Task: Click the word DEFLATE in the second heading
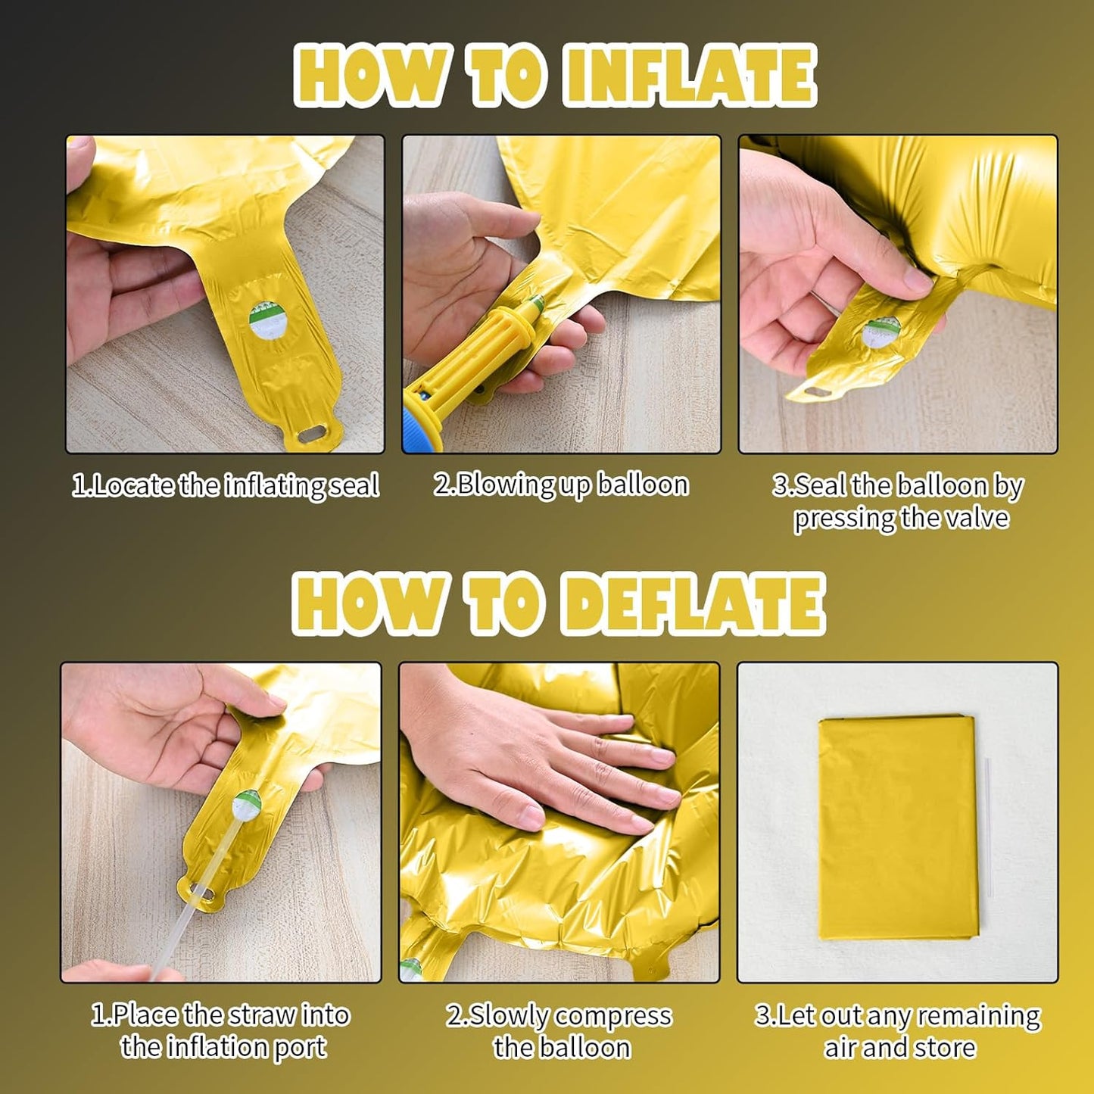693,603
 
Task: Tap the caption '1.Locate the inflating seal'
226,487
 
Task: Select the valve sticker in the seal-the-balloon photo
880,333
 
